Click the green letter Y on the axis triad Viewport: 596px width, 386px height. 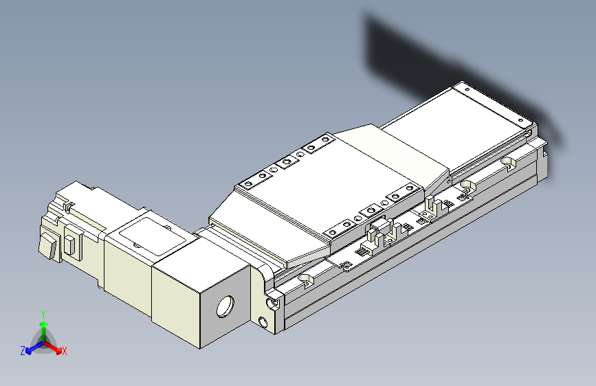pyautogui.click(x=43, y=314)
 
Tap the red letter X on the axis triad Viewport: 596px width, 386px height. pyautogui.click(x=64, y=351)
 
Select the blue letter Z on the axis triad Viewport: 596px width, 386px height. pyautogui.click(x=23, y=351)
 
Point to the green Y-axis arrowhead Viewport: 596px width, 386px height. pyautogui.click(x=44, y=324)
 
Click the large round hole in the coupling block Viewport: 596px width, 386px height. pyautogui.click(x=225, y=306)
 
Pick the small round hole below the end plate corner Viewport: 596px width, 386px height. pyautogui.click(x=263, y=322)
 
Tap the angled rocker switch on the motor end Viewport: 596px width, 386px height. pyautogui.click(x=49, y=246)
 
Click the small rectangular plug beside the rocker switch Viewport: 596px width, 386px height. pyautogui.click(x=71, y=244)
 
